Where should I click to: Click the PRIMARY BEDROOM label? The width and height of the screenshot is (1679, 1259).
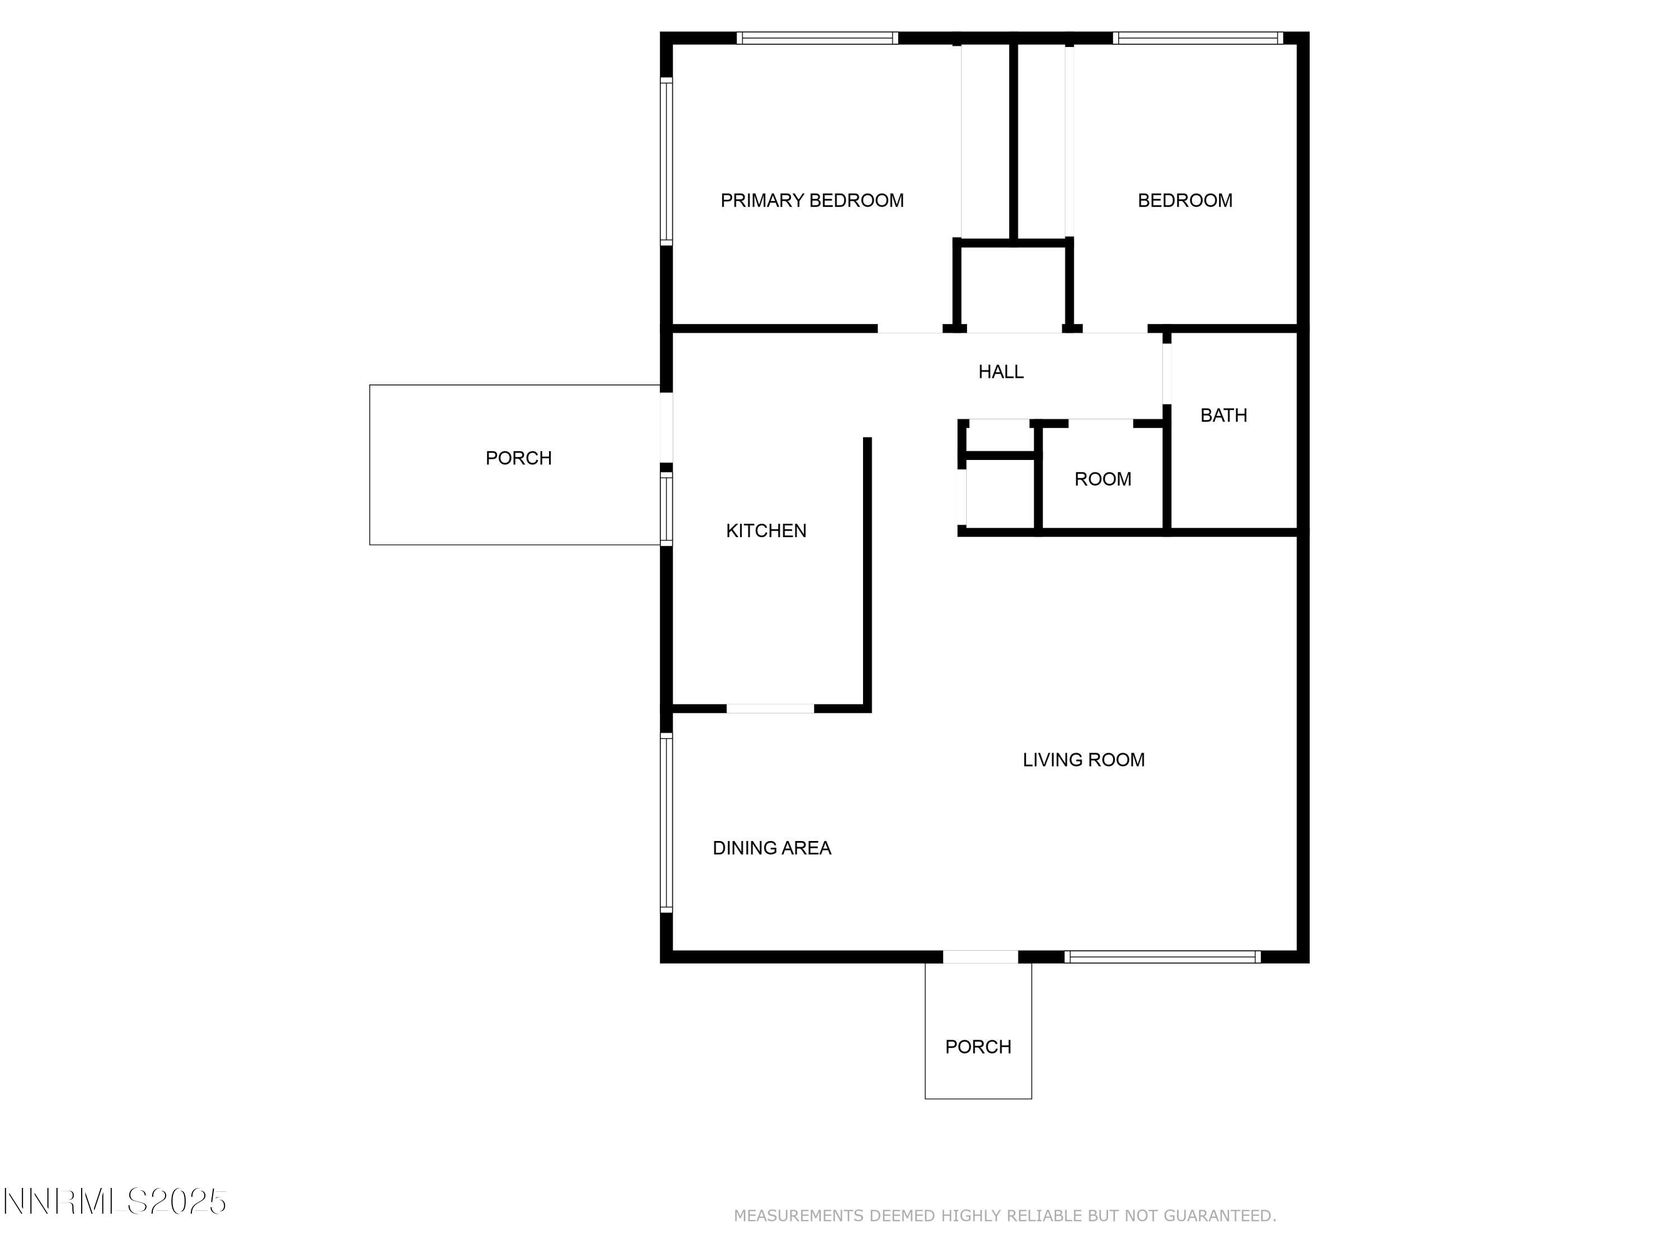coord(812,200)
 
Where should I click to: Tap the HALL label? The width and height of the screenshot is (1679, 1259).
coord(1001,372)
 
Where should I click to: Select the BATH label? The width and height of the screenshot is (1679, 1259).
coord(1223,415)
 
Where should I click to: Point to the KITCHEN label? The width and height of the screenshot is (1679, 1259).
coord(766,530)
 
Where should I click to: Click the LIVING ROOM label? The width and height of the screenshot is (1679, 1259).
coord(1083,760)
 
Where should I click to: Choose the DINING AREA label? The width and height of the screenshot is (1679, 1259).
coord(771,848)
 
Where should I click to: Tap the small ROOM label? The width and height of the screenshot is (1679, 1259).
coord(1102,479)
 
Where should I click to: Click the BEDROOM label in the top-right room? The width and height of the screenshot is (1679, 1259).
coord(1184,200)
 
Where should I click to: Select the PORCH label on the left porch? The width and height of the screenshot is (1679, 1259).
coord(518,458)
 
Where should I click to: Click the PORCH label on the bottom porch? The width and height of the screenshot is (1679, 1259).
coord(978,1046)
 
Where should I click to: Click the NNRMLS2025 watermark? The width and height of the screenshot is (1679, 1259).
coord(115,1201)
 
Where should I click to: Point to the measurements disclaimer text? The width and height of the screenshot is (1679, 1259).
coord(1004,1215)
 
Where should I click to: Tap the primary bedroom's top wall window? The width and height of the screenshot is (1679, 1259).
coord(817,38)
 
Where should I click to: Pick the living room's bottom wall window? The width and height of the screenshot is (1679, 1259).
coord(1162,957)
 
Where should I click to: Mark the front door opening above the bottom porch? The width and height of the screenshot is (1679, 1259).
coord(980,957)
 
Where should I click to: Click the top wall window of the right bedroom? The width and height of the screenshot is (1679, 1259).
coord(1197,38)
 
